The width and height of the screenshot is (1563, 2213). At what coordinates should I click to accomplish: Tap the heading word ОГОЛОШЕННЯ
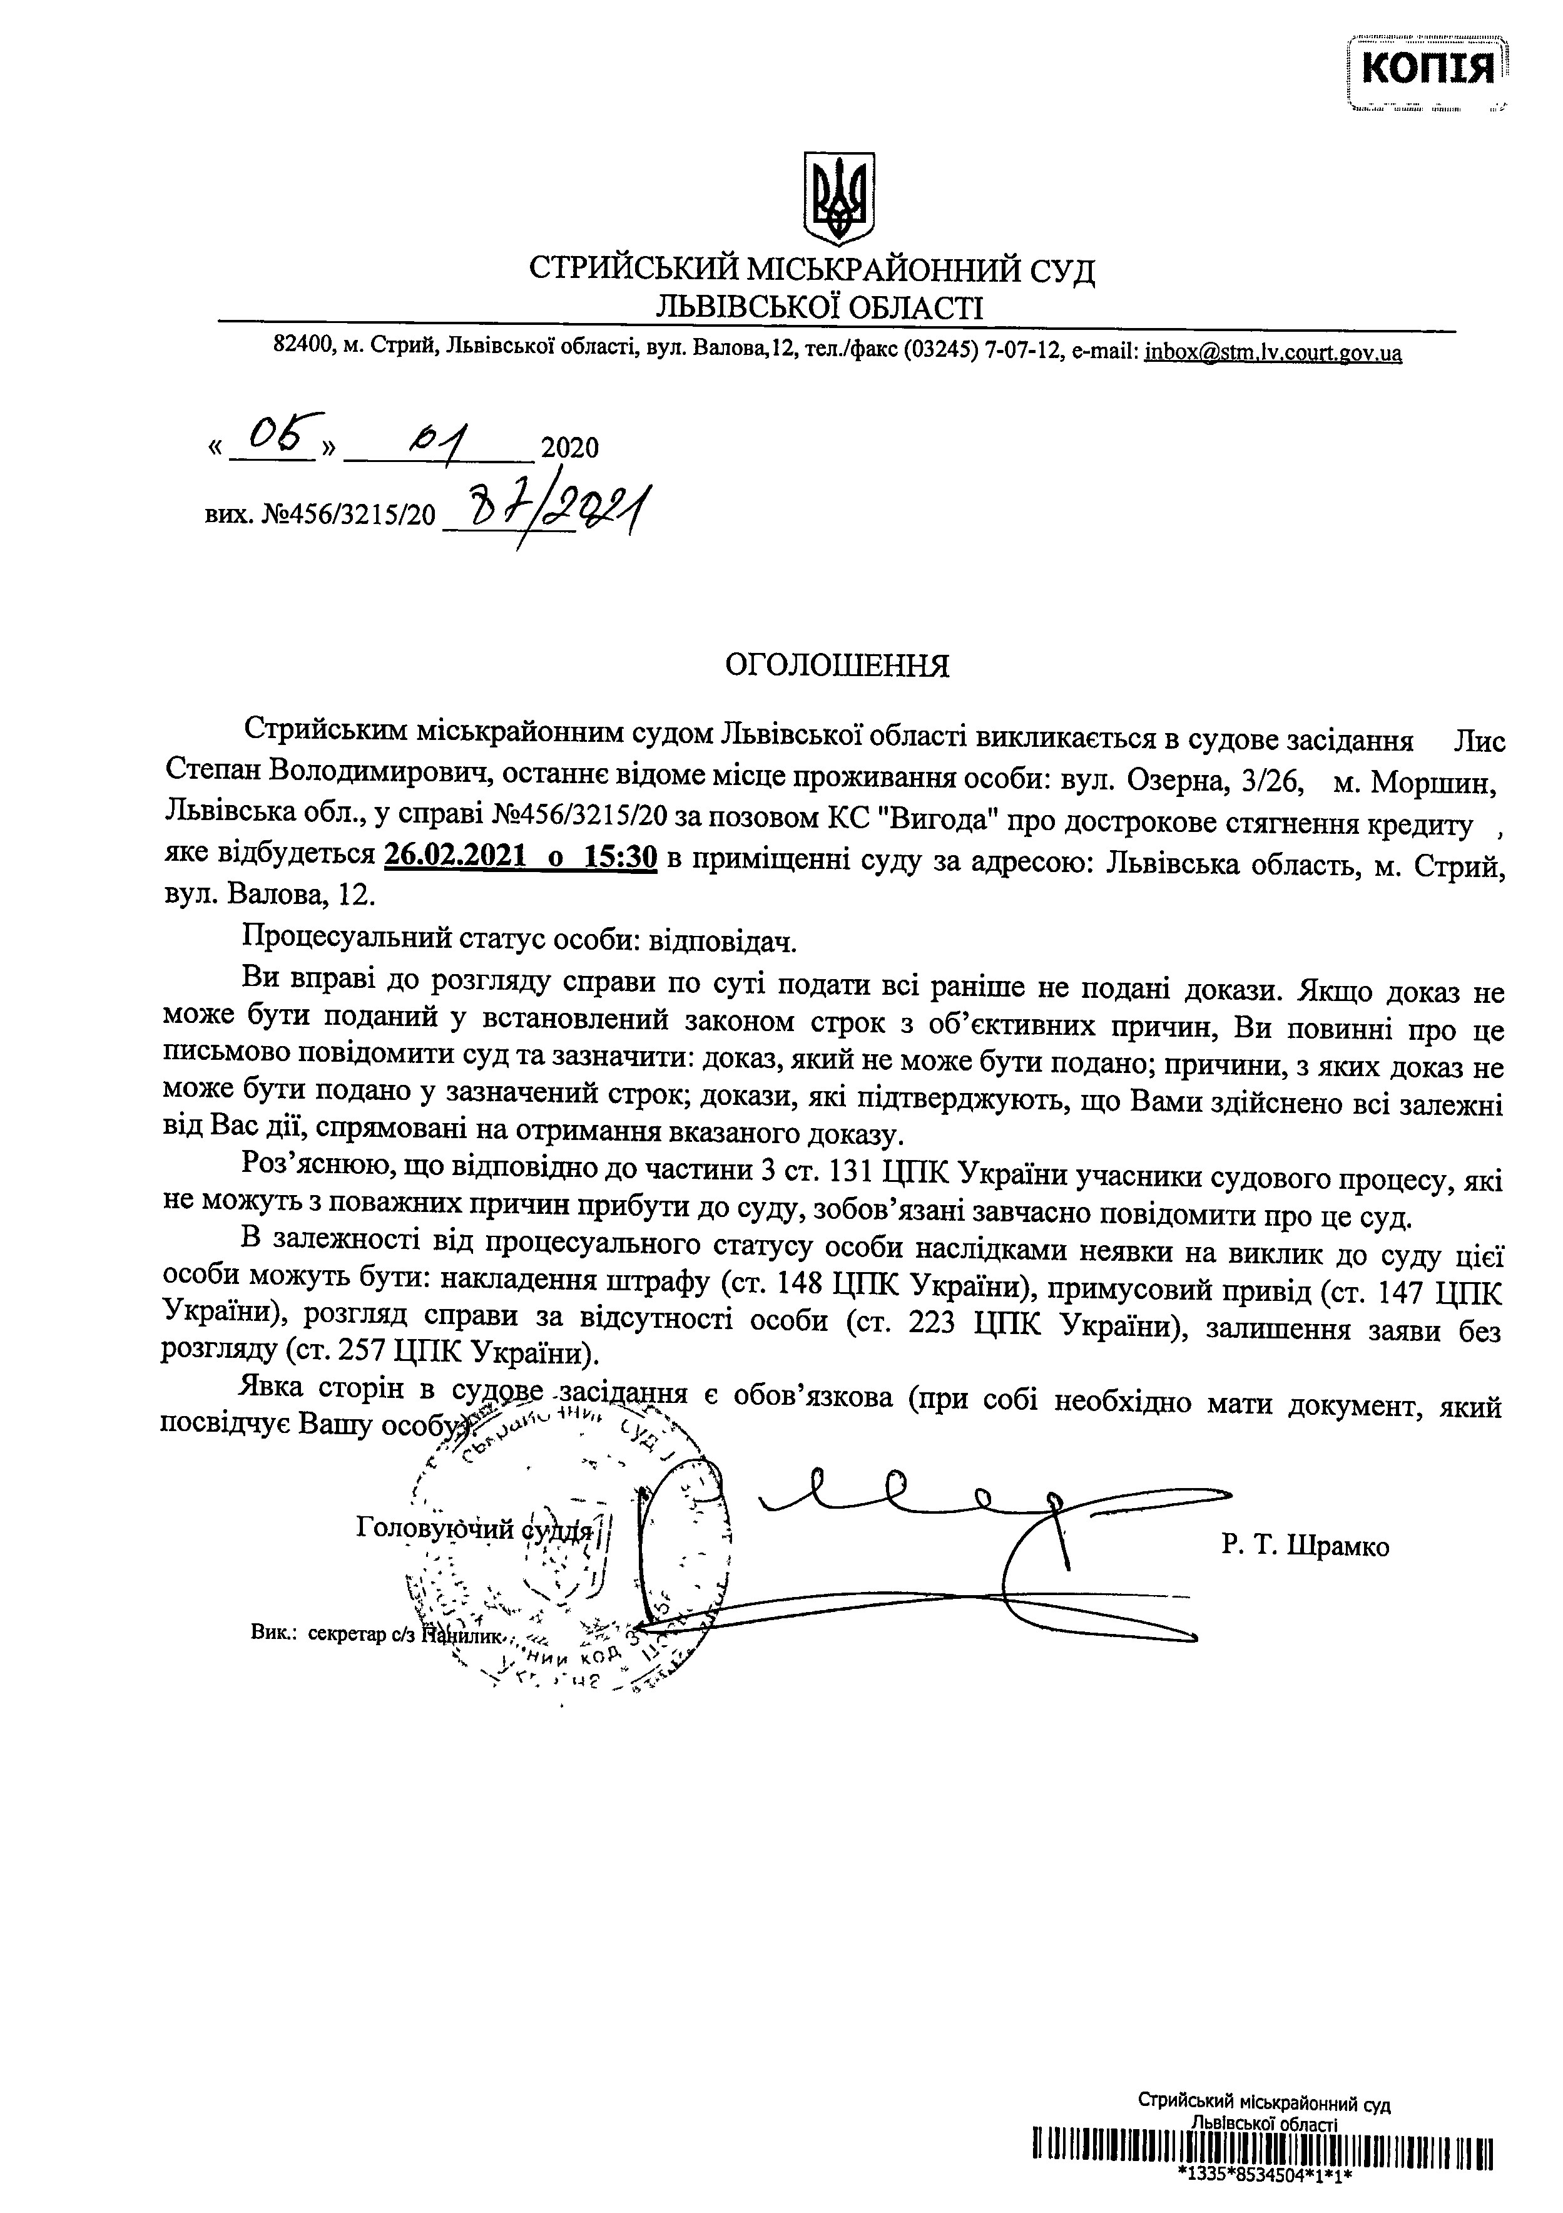(837, 666)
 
